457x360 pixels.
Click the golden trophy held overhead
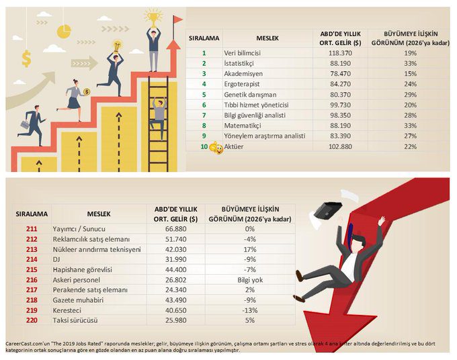click(154, 13)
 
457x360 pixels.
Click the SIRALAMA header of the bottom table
click(32, 214)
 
